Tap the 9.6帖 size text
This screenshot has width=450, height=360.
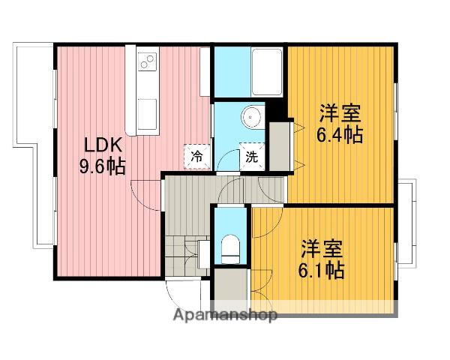click(x=102, y=166)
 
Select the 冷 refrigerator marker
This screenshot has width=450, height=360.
click(x=196, y=157)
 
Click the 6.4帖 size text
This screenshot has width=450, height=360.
click(x=340, y=135)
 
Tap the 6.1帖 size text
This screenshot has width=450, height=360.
click(x=323, y=268)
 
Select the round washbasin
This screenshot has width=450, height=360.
click(x=250, y=118)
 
